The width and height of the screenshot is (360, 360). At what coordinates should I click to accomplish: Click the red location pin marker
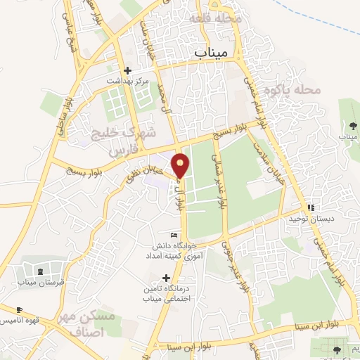click(181, 165)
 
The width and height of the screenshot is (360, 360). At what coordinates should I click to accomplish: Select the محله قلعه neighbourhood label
click(219, 18)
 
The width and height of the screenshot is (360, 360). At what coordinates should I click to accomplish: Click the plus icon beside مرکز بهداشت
click(127, 70)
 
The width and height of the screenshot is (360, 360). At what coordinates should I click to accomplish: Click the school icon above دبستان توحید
click(311, 207)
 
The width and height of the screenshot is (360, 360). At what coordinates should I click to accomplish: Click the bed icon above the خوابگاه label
click(174, 235)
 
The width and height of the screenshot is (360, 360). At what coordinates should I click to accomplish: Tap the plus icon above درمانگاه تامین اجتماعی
click(166, 278)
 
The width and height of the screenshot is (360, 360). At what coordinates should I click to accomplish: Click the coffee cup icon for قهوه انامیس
click(19, 309)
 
